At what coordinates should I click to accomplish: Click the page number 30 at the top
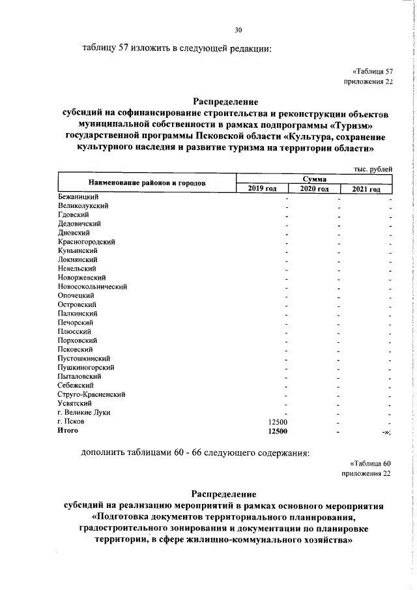[x=238, y=29]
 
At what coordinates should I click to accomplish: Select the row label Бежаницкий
[x=78, y=196]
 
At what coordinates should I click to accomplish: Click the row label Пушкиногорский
[x=86, y=367]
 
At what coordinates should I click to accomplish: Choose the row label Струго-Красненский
[x=91, y=394]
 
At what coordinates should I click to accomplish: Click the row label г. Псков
[x=70, y=422]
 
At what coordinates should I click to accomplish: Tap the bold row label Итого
[x=68, y=431]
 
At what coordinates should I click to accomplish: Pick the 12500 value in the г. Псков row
[x=278, y=422]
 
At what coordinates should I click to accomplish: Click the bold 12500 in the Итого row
[x=278, y=431]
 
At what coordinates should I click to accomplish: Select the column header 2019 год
[x=262, y=188]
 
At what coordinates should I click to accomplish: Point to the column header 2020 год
[x=313, y=188]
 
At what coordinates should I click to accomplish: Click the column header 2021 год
[x=366, y=188]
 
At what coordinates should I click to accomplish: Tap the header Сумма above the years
[x=314, y=179]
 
